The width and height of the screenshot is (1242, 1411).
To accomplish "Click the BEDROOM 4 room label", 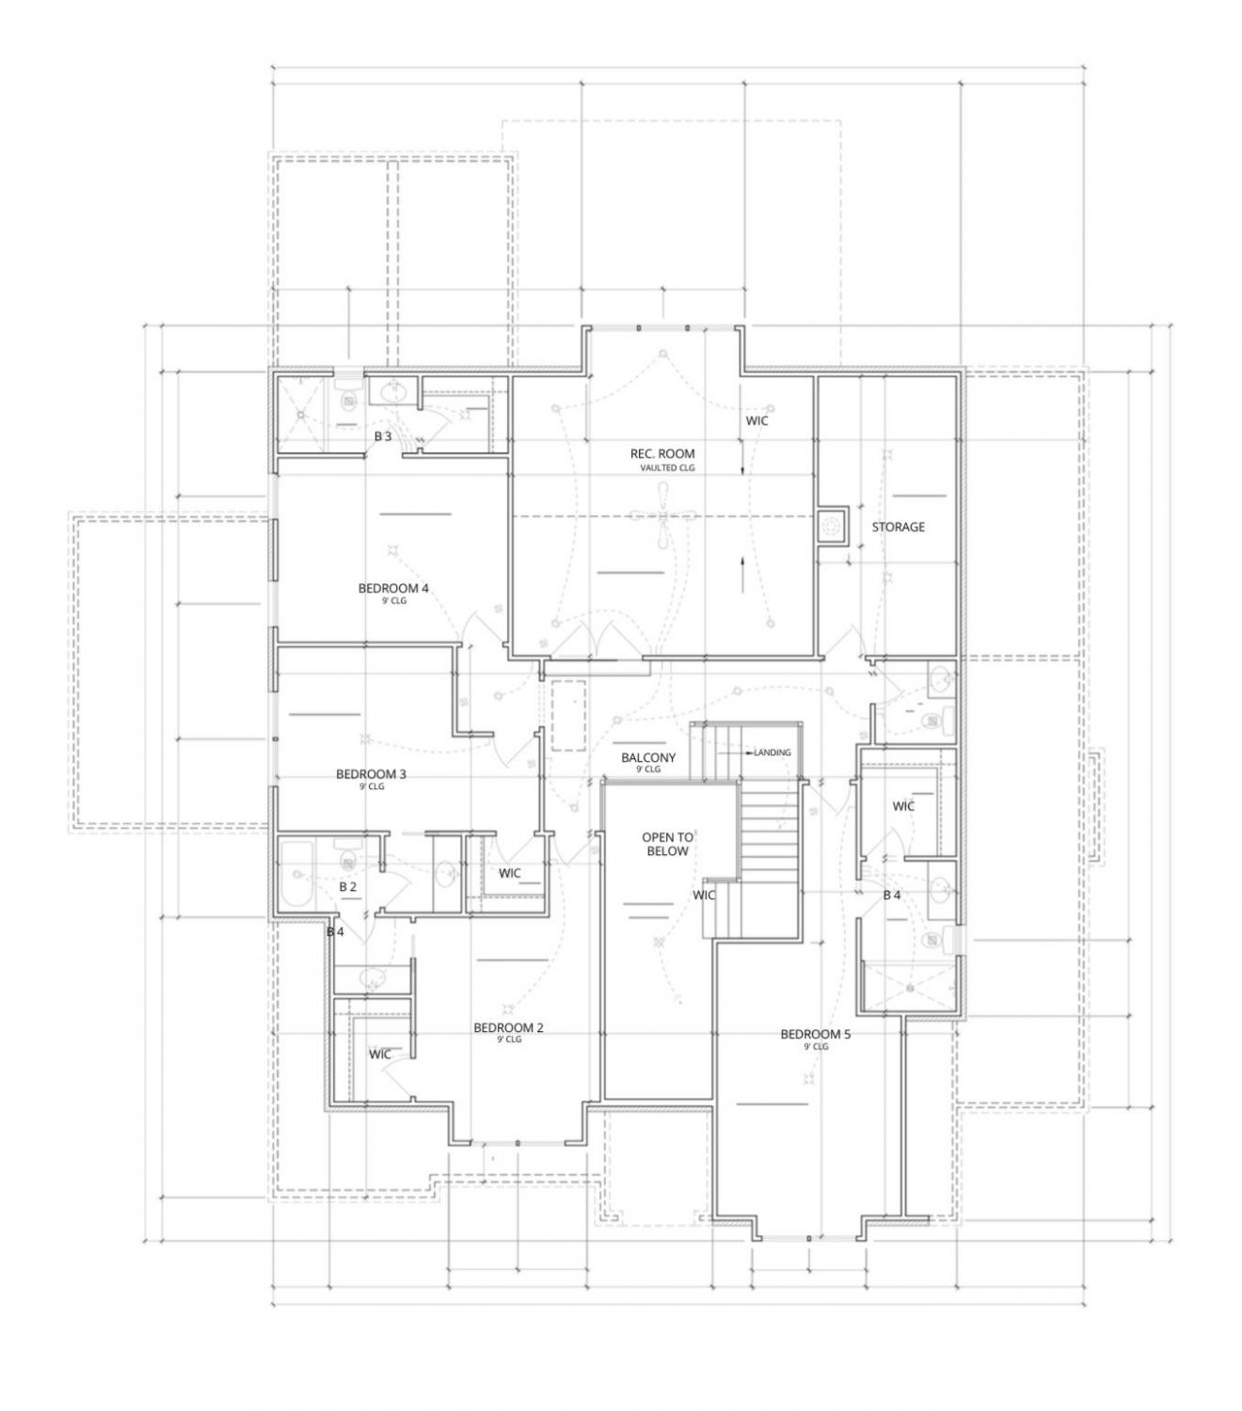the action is coord(393,589).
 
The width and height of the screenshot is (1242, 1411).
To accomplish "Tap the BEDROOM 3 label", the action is coord(371,774).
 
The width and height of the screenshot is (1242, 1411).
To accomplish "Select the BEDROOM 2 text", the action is coord(508,1027).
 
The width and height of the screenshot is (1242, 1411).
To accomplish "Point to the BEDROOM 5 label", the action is coord(815,1034).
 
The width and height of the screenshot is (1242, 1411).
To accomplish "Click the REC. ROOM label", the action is coord(662,453).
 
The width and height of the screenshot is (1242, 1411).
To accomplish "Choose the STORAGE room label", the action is coord(898,527).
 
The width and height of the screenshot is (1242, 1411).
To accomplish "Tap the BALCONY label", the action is coord(648,757).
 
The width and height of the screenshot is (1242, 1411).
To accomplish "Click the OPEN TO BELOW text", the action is coord(667,844).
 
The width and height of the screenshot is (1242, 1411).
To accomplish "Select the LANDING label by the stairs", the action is coord(772,753).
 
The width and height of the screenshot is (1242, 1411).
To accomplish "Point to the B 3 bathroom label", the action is coord(383,436).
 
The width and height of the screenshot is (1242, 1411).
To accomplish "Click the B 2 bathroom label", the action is coord(347,886).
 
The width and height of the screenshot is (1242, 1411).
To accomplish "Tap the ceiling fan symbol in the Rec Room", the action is coord(662,515).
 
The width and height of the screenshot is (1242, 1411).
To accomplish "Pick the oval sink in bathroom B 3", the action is coord(393,391).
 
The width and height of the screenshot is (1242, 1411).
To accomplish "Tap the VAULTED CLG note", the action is coord(667,468).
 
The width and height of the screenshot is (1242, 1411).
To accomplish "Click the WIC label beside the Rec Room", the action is coord(756,420).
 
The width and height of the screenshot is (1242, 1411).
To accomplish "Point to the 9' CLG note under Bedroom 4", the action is coord(393,601).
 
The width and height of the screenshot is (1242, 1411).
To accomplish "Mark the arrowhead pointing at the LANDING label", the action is coord(750,753).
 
